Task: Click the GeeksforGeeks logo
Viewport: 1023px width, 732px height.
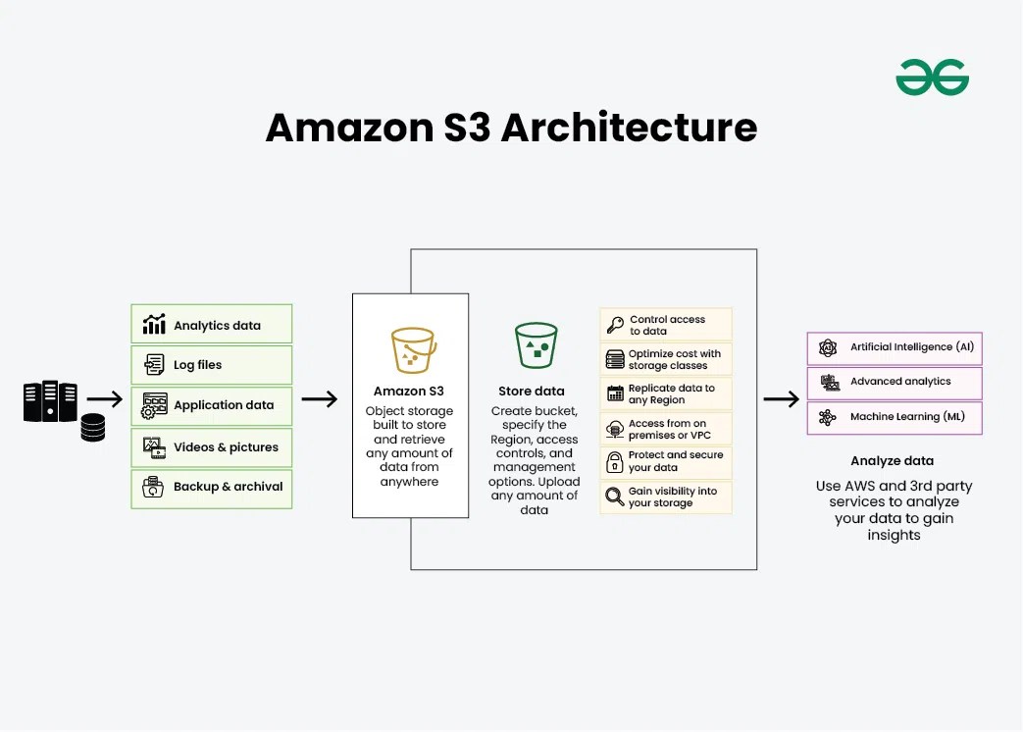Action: tap(932, 78)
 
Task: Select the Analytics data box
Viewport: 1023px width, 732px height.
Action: tap(211, 325)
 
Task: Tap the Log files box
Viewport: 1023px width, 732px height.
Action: tap(211, 365)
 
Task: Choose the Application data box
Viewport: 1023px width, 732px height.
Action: tap(211, 405)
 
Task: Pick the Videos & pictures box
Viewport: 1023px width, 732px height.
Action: tap(211, 447)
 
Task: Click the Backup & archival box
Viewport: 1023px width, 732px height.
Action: tap(211, 488)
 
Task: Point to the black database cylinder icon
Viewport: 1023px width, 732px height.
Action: tap(93, 428)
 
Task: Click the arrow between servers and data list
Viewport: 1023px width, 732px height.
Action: tap(105, 399)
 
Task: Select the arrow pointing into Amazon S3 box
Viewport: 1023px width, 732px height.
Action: tap(319, 399)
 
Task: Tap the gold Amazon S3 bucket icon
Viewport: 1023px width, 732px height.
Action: tap(413, 349)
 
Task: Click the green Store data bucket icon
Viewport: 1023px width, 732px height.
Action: tap(536, 346)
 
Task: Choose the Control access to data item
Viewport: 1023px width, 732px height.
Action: tap(666, 326)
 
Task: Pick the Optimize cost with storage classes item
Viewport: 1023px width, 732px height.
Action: tap(666, 360)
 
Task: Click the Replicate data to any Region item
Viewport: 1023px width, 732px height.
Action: tap(666, 394)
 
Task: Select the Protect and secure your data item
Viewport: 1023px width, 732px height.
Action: tap(666, 462)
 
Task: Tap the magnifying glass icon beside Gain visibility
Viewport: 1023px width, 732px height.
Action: tap(615, 497)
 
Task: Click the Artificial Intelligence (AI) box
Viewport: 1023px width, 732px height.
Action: tap(895, 347)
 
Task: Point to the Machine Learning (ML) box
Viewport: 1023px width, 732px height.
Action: tap(895, 417)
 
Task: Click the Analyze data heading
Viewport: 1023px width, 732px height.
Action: tap(892, 460)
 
